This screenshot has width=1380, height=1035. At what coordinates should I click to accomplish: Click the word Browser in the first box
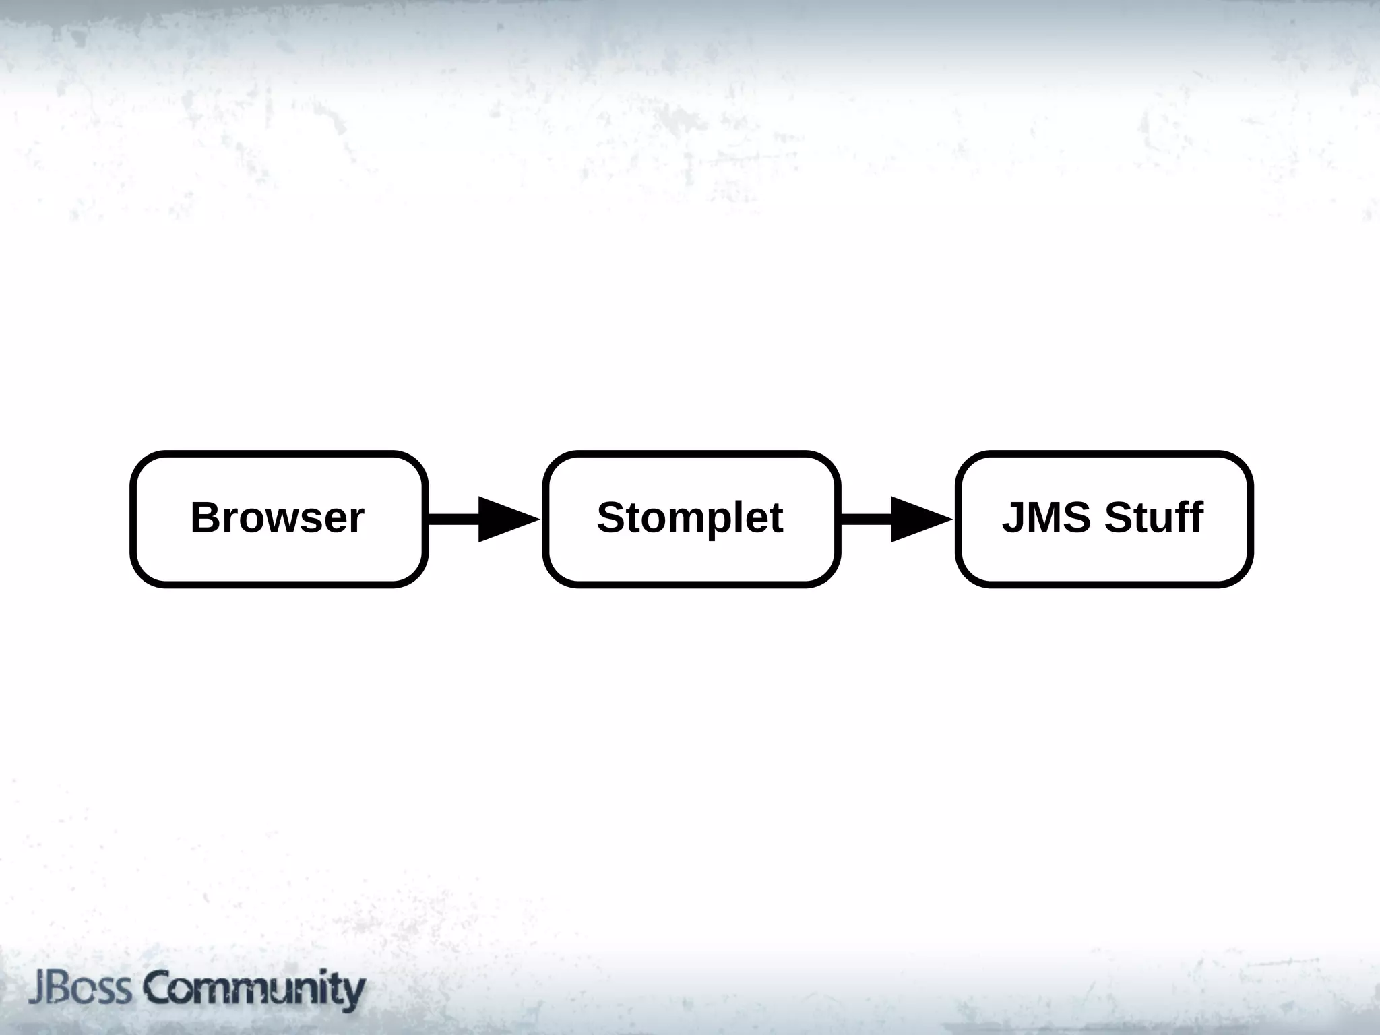277,517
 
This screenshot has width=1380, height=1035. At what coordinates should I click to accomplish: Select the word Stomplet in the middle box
690,517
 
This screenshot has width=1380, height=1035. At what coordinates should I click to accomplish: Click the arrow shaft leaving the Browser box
453,519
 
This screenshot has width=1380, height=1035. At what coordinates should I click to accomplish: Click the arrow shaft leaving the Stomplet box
866,519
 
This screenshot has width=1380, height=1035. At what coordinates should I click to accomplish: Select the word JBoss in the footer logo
80,989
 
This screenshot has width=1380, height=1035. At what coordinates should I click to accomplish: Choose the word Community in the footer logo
254,989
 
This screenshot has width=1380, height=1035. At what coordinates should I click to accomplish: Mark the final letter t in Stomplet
776,517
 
